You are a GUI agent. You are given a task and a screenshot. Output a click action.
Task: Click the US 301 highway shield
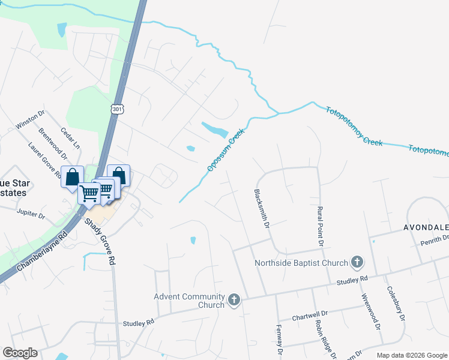(116, 109)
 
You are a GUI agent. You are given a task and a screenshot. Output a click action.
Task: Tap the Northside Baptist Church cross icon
(357, 262)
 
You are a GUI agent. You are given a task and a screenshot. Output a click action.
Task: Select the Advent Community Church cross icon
(234, 299)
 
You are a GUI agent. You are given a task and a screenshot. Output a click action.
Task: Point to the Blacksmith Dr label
(262, 209)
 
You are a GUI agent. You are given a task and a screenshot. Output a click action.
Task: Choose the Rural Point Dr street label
(320, 226)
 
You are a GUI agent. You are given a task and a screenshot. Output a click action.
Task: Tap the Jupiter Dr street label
(32, 214)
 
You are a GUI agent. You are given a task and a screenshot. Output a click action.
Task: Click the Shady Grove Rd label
(100, 242)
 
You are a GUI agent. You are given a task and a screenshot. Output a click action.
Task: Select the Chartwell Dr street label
(310, 314)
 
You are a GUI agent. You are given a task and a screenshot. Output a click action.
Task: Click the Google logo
(20, 353)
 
